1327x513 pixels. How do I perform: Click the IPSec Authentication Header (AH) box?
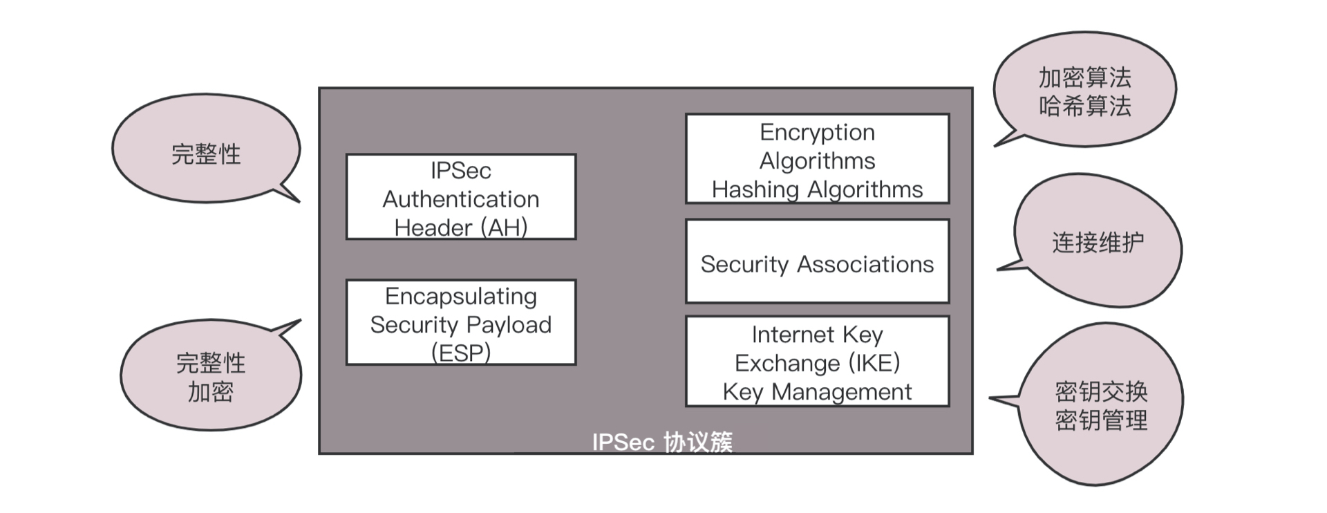461,197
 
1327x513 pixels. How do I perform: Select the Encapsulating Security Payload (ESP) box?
461,322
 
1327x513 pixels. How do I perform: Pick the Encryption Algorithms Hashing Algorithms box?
817,159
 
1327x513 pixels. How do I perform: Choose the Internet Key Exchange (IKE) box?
817,362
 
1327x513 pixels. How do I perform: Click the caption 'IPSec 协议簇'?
661,442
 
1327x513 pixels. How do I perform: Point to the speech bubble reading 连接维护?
1098,241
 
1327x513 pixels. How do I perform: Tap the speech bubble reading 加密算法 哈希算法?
1084,91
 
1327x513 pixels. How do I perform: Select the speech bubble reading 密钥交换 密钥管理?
1101,405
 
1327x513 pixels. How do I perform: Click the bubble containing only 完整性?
206,153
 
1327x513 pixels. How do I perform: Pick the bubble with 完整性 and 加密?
211,376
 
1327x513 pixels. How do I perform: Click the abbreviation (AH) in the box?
507,227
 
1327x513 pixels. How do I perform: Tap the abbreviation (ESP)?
461,353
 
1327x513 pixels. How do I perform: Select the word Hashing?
755,189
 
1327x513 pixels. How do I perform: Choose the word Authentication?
461,199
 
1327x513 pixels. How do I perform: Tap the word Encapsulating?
461,296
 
